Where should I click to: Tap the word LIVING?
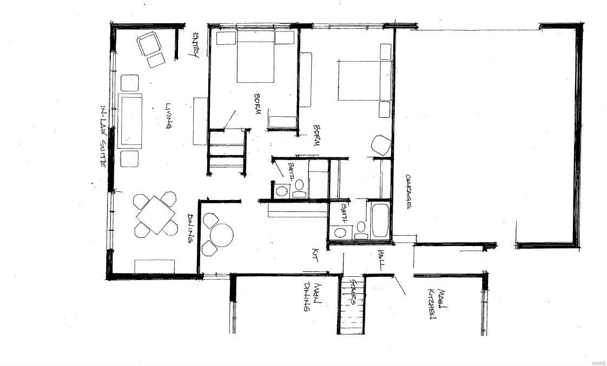(169, 116)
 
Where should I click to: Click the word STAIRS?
(352, 292)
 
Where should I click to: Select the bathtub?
(379, 221)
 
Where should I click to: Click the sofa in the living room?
(130, 120)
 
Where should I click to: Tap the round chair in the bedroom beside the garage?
(381, 145)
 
